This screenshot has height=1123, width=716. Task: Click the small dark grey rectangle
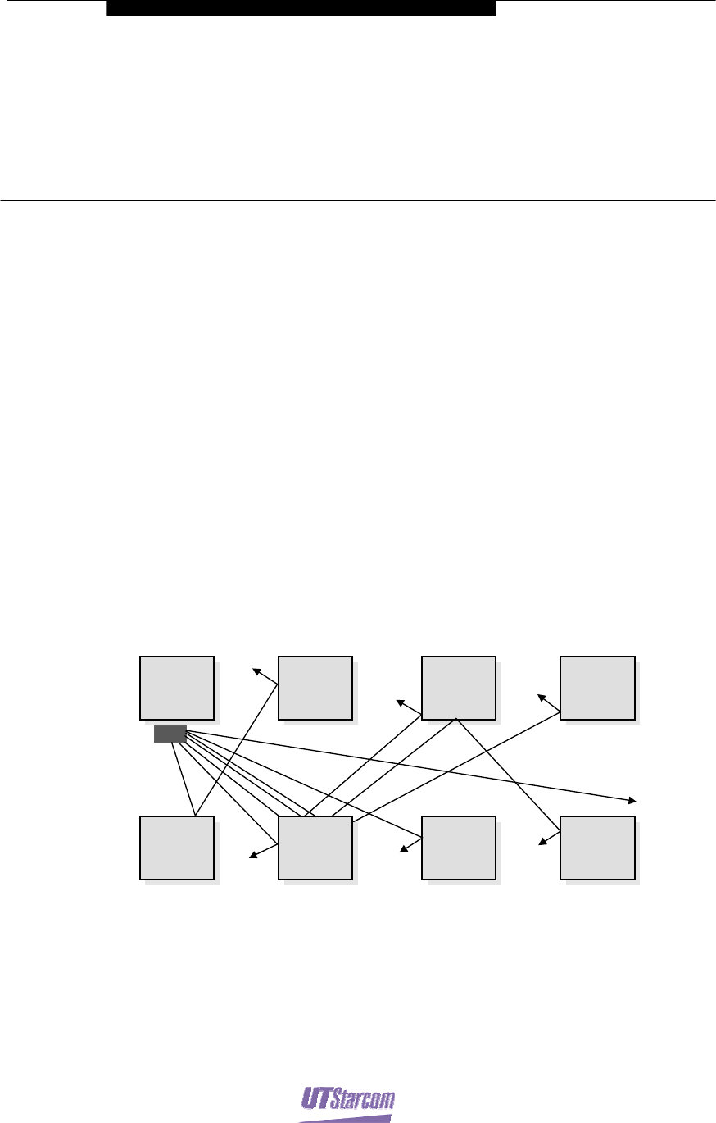point(170,734)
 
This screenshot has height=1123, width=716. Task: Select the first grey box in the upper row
point(177,687)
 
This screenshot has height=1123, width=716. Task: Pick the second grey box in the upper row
point(315,687)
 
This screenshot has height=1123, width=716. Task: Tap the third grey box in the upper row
point(458,687)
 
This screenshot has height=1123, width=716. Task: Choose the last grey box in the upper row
point(597,687)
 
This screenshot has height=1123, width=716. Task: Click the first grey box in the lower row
point(177,847)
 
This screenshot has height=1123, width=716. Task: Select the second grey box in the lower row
point(315,847)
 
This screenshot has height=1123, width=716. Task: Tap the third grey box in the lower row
point(458,847)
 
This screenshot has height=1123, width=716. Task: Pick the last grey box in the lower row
point(597,847)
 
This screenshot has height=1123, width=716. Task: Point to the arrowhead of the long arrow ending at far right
point(633,800)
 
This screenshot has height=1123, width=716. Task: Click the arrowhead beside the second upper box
point(256,671)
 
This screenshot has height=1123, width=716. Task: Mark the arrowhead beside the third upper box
point(400,702)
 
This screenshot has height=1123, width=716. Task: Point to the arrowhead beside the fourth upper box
point(541,698)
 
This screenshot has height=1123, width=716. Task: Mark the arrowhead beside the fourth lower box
point(542,842)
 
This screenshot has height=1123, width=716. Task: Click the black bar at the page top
point(301,7)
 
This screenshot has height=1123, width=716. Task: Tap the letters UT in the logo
point(317,1097)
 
